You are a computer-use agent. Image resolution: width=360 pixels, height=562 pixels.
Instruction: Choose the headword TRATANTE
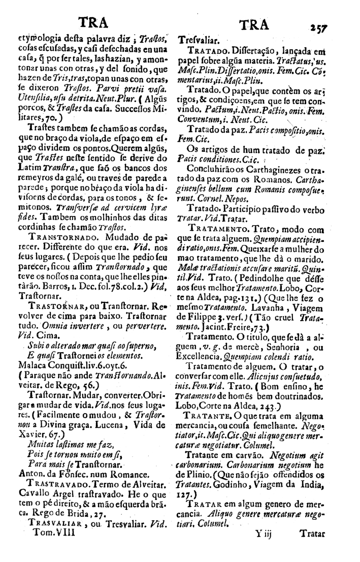pos(206,416)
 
